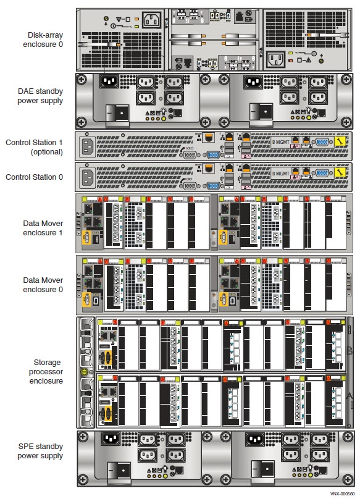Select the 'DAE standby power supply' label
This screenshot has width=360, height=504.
coord(40,96)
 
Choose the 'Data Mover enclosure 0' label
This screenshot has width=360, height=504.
coord(40,285)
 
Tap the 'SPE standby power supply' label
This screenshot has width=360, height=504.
coord(40,451)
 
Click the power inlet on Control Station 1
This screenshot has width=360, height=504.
coord(86,146)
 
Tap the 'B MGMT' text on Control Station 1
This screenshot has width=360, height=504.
coord(282,142)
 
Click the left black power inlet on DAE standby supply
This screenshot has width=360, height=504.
coord(109,82)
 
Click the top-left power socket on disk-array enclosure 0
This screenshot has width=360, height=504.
coord(153,20)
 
